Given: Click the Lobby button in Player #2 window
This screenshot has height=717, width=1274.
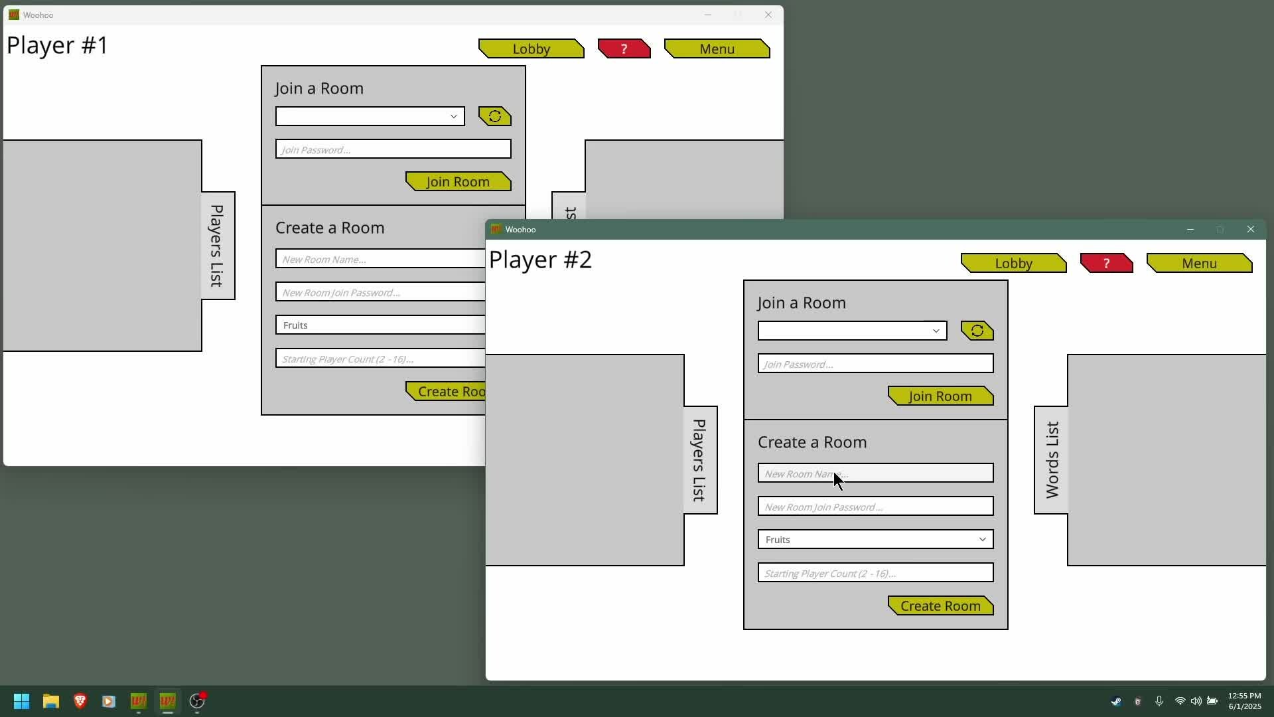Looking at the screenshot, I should point(1013,264).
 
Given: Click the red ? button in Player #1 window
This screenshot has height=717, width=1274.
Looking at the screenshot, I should point(624,49).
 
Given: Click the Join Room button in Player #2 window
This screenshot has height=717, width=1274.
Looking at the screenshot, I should point(940,396).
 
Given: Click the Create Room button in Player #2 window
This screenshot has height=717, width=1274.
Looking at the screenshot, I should point(940,606).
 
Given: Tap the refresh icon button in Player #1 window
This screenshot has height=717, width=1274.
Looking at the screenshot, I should point(495,117).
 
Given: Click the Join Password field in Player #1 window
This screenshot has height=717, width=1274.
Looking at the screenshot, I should point(393,149).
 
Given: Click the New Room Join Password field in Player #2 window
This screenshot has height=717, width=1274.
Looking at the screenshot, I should point(875,507).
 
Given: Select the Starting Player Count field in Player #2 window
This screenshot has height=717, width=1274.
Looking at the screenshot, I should point(875,573).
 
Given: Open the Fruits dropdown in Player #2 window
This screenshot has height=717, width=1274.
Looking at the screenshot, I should point(875,540).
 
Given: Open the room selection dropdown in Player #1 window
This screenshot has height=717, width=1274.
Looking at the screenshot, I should point(370,117).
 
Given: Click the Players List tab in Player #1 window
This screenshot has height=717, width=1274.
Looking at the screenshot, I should point(218,246).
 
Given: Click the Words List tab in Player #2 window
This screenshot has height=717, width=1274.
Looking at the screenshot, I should point(1052,460).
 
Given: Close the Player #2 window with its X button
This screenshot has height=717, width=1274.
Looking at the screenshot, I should point(1251,230).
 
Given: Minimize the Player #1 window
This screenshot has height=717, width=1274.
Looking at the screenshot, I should point(708,15).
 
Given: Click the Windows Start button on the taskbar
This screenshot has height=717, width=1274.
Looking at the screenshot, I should point(21,701).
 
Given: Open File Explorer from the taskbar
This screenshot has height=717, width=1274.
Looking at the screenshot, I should point(51,701).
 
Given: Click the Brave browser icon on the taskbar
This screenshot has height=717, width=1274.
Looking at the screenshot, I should point(80,701).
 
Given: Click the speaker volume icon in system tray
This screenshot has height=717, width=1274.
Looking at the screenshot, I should point(1196,701).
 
